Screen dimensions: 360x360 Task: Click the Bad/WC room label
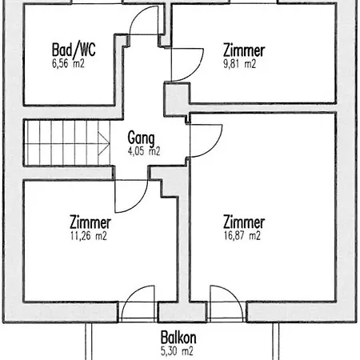[74, 50]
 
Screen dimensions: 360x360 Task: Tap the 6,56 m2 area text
[68, 64]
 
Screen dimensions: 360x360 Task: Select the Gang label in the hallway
[141, 138]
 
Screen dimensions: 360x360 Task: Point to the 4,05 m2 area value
[144, 151]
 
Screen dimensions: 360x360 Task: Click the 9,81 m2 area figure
[239, 64]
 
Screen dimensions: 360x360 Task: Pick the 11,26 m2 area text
[89, 236]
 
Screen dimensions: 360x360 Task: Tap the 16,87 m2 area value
[242, 236]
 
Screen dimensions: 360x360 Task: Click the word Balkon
[178, 338]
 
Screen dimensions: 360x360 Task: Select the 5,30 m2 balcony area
[177, 351]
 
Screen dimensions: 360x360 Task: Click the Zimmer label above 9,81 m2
[244, 50]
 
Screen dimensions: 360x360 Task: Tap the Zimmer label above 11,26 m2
[90, 222]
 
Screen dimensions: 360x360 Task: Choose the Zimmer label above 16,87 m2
[244, 222]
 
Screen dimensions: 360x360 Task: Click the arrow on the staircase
[104, 143]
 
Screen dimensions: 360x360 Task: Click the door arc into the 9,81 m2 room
[197, 70]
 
